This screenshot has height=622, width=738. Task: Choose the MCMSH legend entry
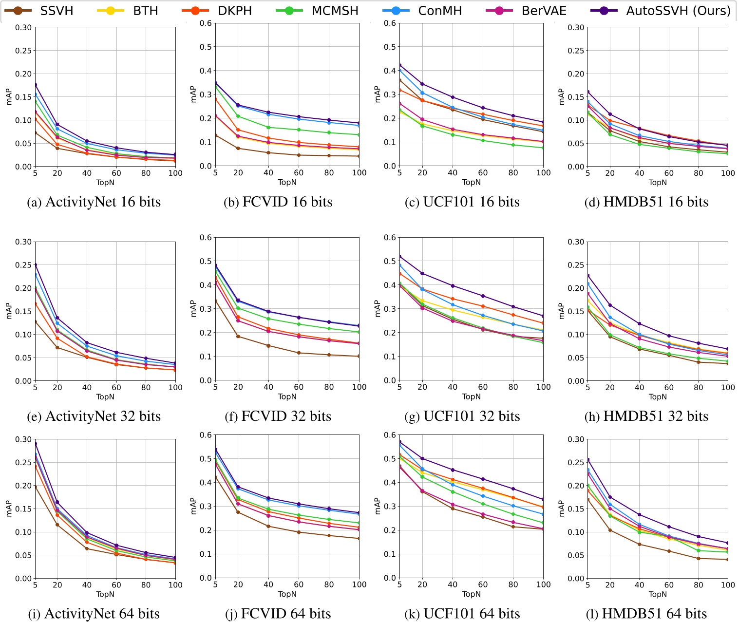coord(317,11)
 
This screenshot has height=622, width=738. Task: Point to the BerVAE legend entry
coord(526,11)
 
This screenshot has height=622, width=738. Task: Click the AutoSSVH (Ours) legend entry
coord(661,11)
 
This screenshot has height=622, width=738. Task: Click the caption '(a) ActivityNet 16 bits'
coord(94,202)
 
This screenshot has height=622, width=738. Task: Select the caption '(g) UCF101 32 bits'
coord(462,416)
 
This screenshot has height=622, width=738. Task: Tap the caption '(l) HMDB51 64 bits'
coord(646,614)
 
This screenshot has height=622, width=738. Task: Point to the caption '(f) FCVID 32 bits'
coord(278,416)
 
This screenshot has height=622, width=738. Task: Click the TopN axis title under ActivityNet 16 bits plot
coord(105,183)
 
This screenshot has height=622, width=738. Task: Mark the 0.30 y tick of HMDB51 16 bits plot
coord(576,28)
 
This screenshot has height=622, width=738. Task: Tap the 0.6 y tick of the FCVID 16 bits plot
coord(207,23)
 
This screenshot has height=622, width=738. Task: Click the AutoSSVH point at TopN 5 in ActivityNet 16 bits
coord(35,85)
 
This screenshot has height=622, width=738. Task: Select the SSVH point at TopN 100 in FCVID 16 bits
coord(360,156)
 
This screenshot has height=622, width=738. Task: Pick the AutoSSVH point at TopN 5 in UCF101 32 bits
coord(399,257)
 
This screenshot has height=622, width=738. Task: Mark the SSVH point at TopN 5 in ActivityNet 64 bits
coord(35,487)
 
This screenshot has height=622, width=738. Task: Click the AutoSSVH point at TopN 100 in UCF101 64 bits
coord(544,499)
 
